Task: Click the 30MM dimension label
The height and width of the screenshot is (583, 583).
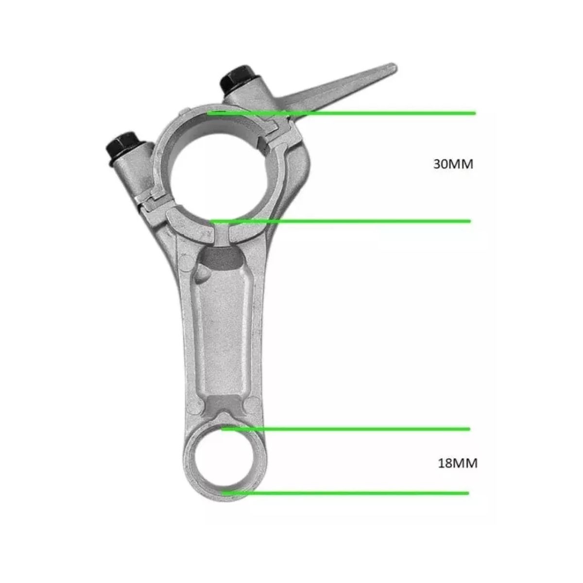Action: (453, 164)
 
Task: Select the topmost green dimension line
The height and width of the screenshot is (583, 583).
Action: (341, 113)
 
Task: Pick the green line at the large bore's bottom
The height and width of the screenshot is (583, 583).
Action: (341, 222)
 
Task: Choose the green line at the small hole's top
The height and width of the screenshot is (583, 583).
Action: (345, 429)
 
